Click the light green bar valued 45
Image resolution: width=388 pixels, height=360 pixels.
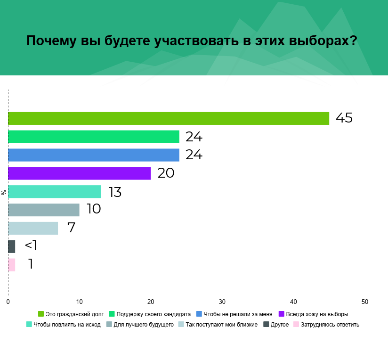click(169, 118)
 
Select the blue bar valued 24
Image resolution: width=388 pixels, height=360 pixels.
click(94, 155)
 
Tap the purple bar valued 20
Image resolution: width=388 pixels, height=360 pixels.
click(79, 173)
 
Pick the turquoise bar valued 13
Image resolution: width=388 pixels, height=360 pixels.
click(54, 192)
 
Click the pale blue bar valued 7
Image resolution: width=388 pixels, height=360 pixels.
click(33, 228)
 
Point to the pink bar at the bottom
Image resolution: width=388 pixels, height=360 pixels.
click(12, 265)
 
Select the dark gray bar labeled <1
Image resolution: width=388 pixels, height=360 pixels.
click(12, 246)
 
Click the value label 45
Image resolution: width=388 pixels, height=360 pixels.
click(344, 118)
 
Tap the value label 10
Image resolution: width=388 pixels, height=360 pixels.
click(94, 209)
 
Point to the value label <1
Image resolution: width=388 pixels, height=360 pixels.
click(31, 246)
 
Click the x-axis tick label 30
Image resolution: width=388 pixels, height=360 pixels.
click(222, 302)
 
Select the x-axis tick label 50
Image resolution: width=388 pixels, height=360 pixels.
click(365, 302)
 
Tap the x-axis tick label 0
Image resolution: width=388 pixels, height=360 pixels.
click(8, 302)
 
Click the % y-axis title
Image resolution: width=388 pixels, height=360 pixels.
click(4, 192)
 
